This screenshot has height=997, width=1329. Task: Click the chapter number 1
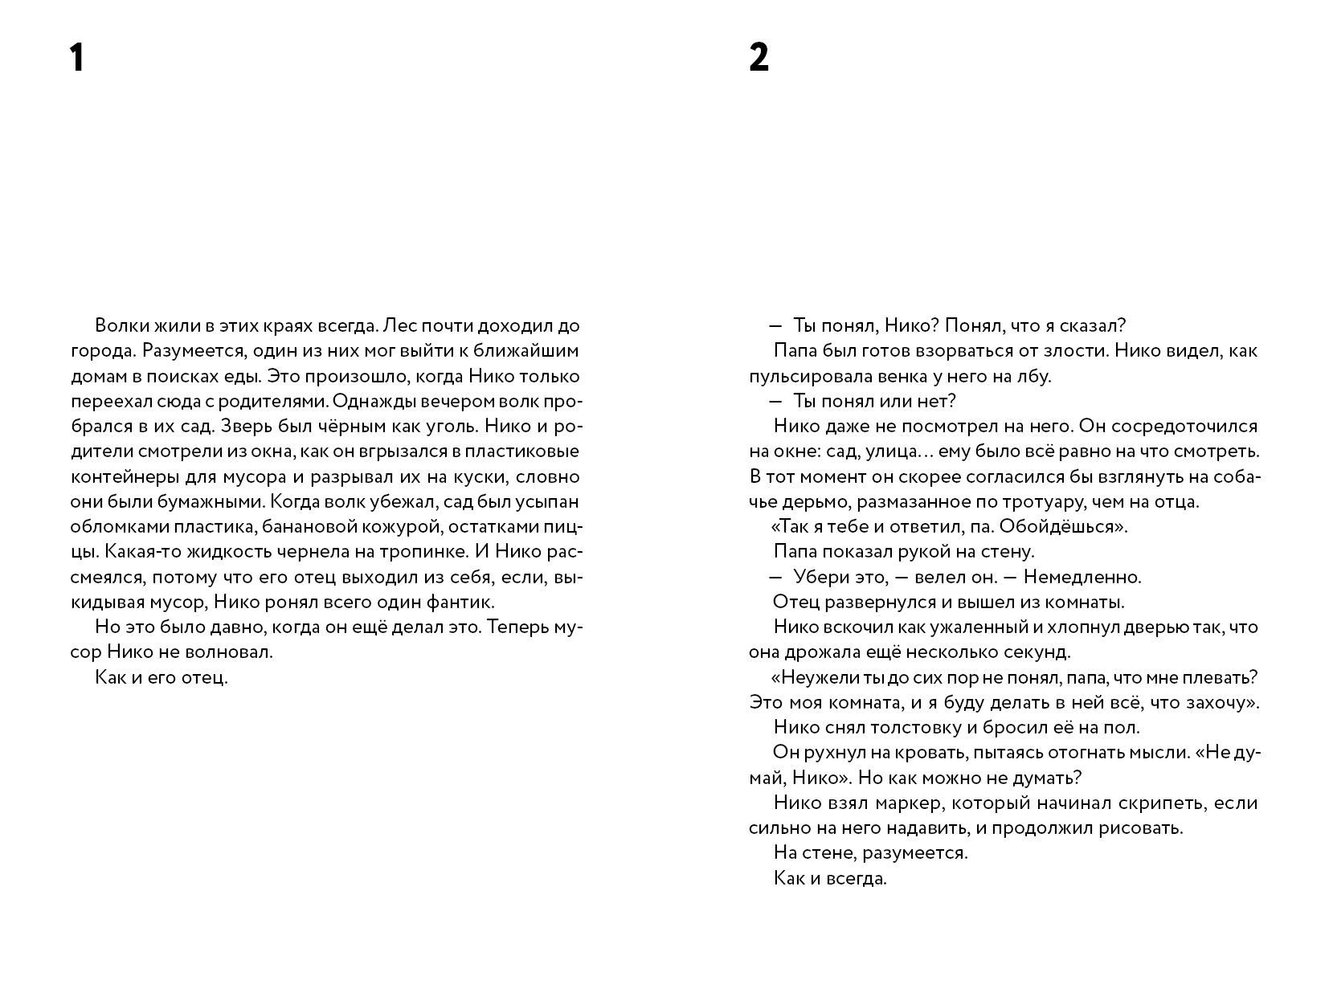coord(76,58)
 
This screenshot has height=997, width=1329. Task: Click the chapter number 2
coord(759,58)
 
